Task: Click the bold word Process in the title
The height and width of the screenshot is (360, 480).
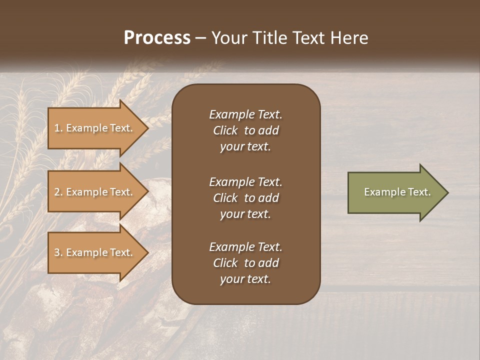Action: coord(157,38)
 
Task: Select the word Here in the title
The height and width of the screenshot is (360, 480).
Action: coord(349,38)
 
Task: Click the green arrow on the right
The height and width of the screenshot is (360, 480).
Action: coord(395,192)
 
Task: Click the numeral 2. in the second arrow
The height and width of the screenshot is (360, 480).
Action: coord(58,192)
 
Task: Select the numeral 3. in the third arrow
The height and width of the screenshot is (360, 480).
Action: coord(58,252)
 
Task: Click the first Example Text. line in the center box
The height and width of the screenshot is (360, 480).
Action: coord(245,114)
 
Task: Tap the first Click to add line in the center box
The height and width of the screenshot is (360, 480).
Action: coord(245,130)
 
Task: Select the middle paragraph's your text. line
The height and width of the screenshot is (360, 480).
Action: coord(245,214)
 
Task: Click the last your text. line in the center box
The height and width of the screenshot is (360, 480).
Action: coord(245,279)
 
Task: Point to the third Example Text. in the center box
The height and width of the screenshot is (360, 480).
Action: coord(245,247)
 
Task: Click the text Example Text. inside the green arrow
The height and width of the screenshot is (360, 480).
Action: coord(397,192)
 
